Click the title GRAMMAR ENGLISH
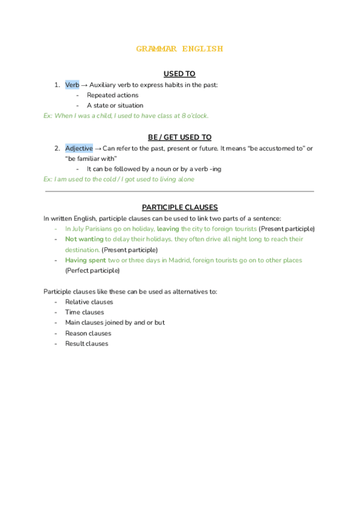(x=179, y=49)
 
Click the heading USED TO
(x=179, y=74)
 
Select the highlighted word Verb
(x=72, y=85)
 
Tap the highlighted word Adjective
(x=79, y=148)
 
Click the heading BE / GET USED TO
(x=179, y=137)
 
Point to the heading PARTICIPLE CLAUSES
(x=179, y=207)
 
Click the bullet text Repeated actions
(x=112, y=95)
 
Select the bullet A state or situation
(x=115, y=105)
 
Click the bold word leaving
(x=168, y=229)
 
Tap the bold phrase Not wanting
(x=84, y=239)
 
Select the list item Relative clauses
(x=89, y=302)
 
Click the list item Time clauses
(x=85, y=312)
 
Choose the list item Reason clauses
(x=88, y=333)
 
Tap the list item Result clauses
(x=86, y=343)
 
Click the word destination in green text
(x=82, y=249)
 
